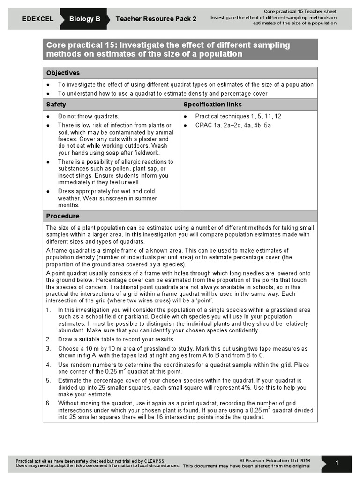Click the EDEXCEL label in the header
point(37,19)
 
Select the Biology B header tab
point(85,19)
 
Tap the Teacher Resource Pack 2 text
point(156,19)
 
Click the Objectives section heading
point(63,73)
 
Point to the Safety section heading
point(56,105)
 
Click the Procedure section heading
point(63,216)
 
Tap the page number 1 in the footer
point(337,463)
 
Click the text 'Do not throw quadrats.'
point(88,116)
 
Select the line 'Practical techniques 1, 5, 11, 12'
point(238,116)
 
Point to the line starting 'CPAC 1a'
point(233,125)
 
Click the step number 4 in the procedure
point(48,364)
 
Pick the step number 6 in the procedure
point(48,403)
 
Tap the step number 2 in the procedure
point(48,339)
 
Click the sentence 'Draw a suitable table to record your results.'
point(116,339)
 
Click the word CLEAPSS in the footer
point(154,461)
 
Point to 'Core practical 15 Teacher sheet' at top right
point(300,11)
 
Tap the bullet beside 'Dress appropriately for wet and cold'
point(48,191)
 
